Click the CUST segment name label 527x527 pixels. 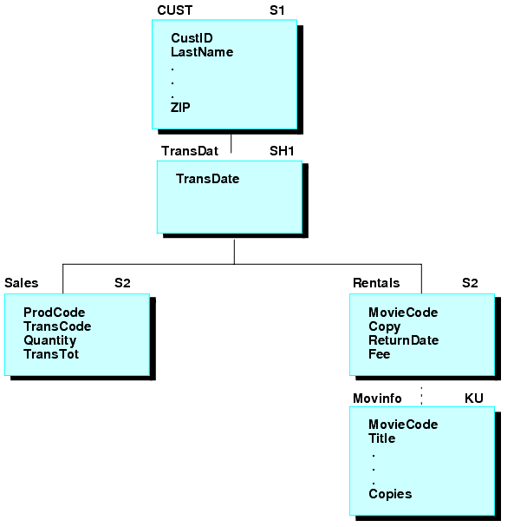(x=174, y=10)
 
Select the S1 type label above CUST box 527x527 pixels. (x=278, y=10)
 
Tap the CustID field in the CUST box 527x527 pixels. (x=192, y=38)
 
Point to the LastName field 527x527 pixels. (x=201, y=52)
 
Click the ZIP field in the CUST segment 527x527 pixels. (x=180, y=108)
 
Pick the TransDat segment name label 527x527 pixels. (x=189, y=151)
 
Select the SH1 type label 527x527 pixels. (x=283, y=151)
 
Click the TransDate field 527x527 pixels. (x=207, y=179)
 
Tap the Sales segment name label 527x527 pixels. (x=21, y=283)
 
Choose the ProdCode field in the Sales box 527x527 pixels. (x=54, y=313)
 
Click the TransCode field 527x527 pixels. (x=57, y=326)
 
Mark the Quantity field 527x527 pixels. (x=49, y=340)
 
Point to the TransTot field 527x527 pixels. (x=51, y=354)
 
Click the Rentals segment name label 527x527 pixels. (x=376, y=283)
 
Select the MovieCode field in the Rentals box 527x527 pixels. (x=403, y=313)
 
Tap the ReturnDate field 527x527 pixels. (x=403, y=340)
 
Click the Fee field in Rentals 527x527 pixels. (x=379, y=354)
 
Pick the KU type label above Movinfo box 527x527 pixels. (x=473, y=399)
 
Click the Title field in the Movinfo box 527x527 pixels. (x=381, y=438)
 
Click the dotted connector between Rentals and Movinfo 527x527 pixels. (x=422, y=394)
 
